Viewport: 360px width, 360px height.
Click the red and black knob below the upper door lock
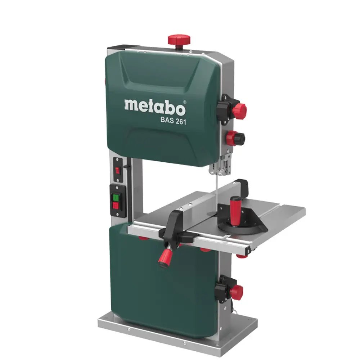tap(235, 138)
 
